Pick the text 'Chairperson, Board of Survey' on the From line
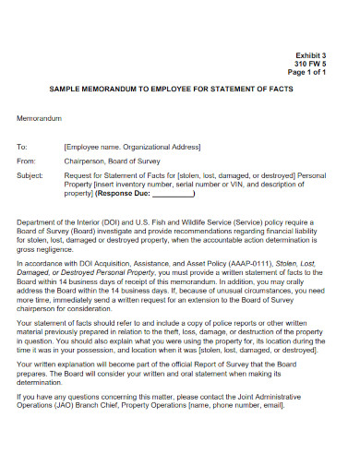[114, 161]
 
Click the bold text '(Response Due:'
[123, 194]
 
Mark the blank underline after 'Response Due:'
[172, 194]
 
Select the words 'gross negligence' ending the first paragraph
[46, 250]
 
